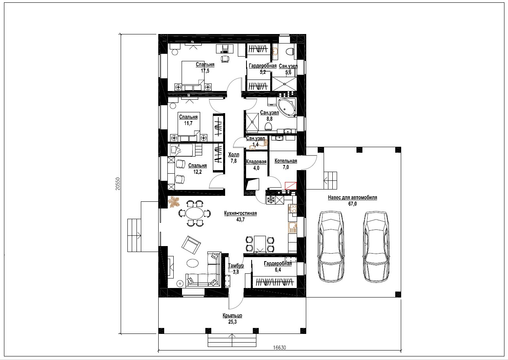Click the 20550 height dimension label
(x=118, y=184)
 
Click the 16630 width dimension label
(x=279, y=347)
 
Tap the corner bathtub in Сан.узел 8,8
(x=287, y=107)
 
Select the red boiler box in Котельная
(x=290, y=186)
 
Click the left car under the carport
(x=331, y=246)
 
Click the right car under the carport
(x=377, y=246)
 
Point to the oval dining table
(x=195, y=213)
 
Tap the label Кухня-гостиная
(x=241, y=213)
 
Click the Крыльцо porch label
(x=232, y=315)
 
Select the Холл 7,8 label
(x=233, y=158)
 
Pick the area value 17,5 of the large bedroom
(x=205, y=71)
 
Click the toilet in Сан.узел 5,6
(x=290, y=51)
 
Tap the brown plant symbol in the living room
(x=174, y=202)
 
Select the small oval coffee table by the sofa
(x=193, y=263)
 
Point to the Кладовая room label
(x=256, y=162)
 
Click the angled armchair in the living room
(x=191, y=245)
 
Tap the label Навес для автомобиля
(x=353, y=197)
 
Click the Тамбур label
(x=236, y=265)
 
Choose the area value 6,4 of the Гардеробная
(x=278, y=270)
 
